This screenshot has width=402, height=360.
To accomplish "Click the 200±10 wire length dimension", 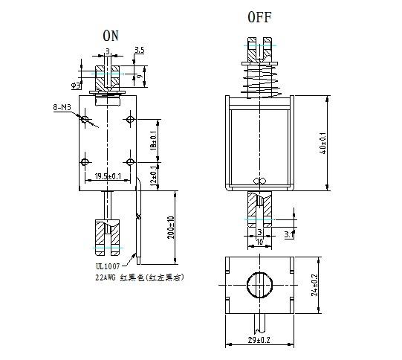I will tap(172, 227).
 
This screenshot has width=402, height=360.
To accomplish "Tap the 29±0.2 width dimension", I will tap(259, 341).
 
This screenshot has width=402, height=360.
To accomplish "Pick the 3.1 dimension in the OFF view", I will tap(289, 235).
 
